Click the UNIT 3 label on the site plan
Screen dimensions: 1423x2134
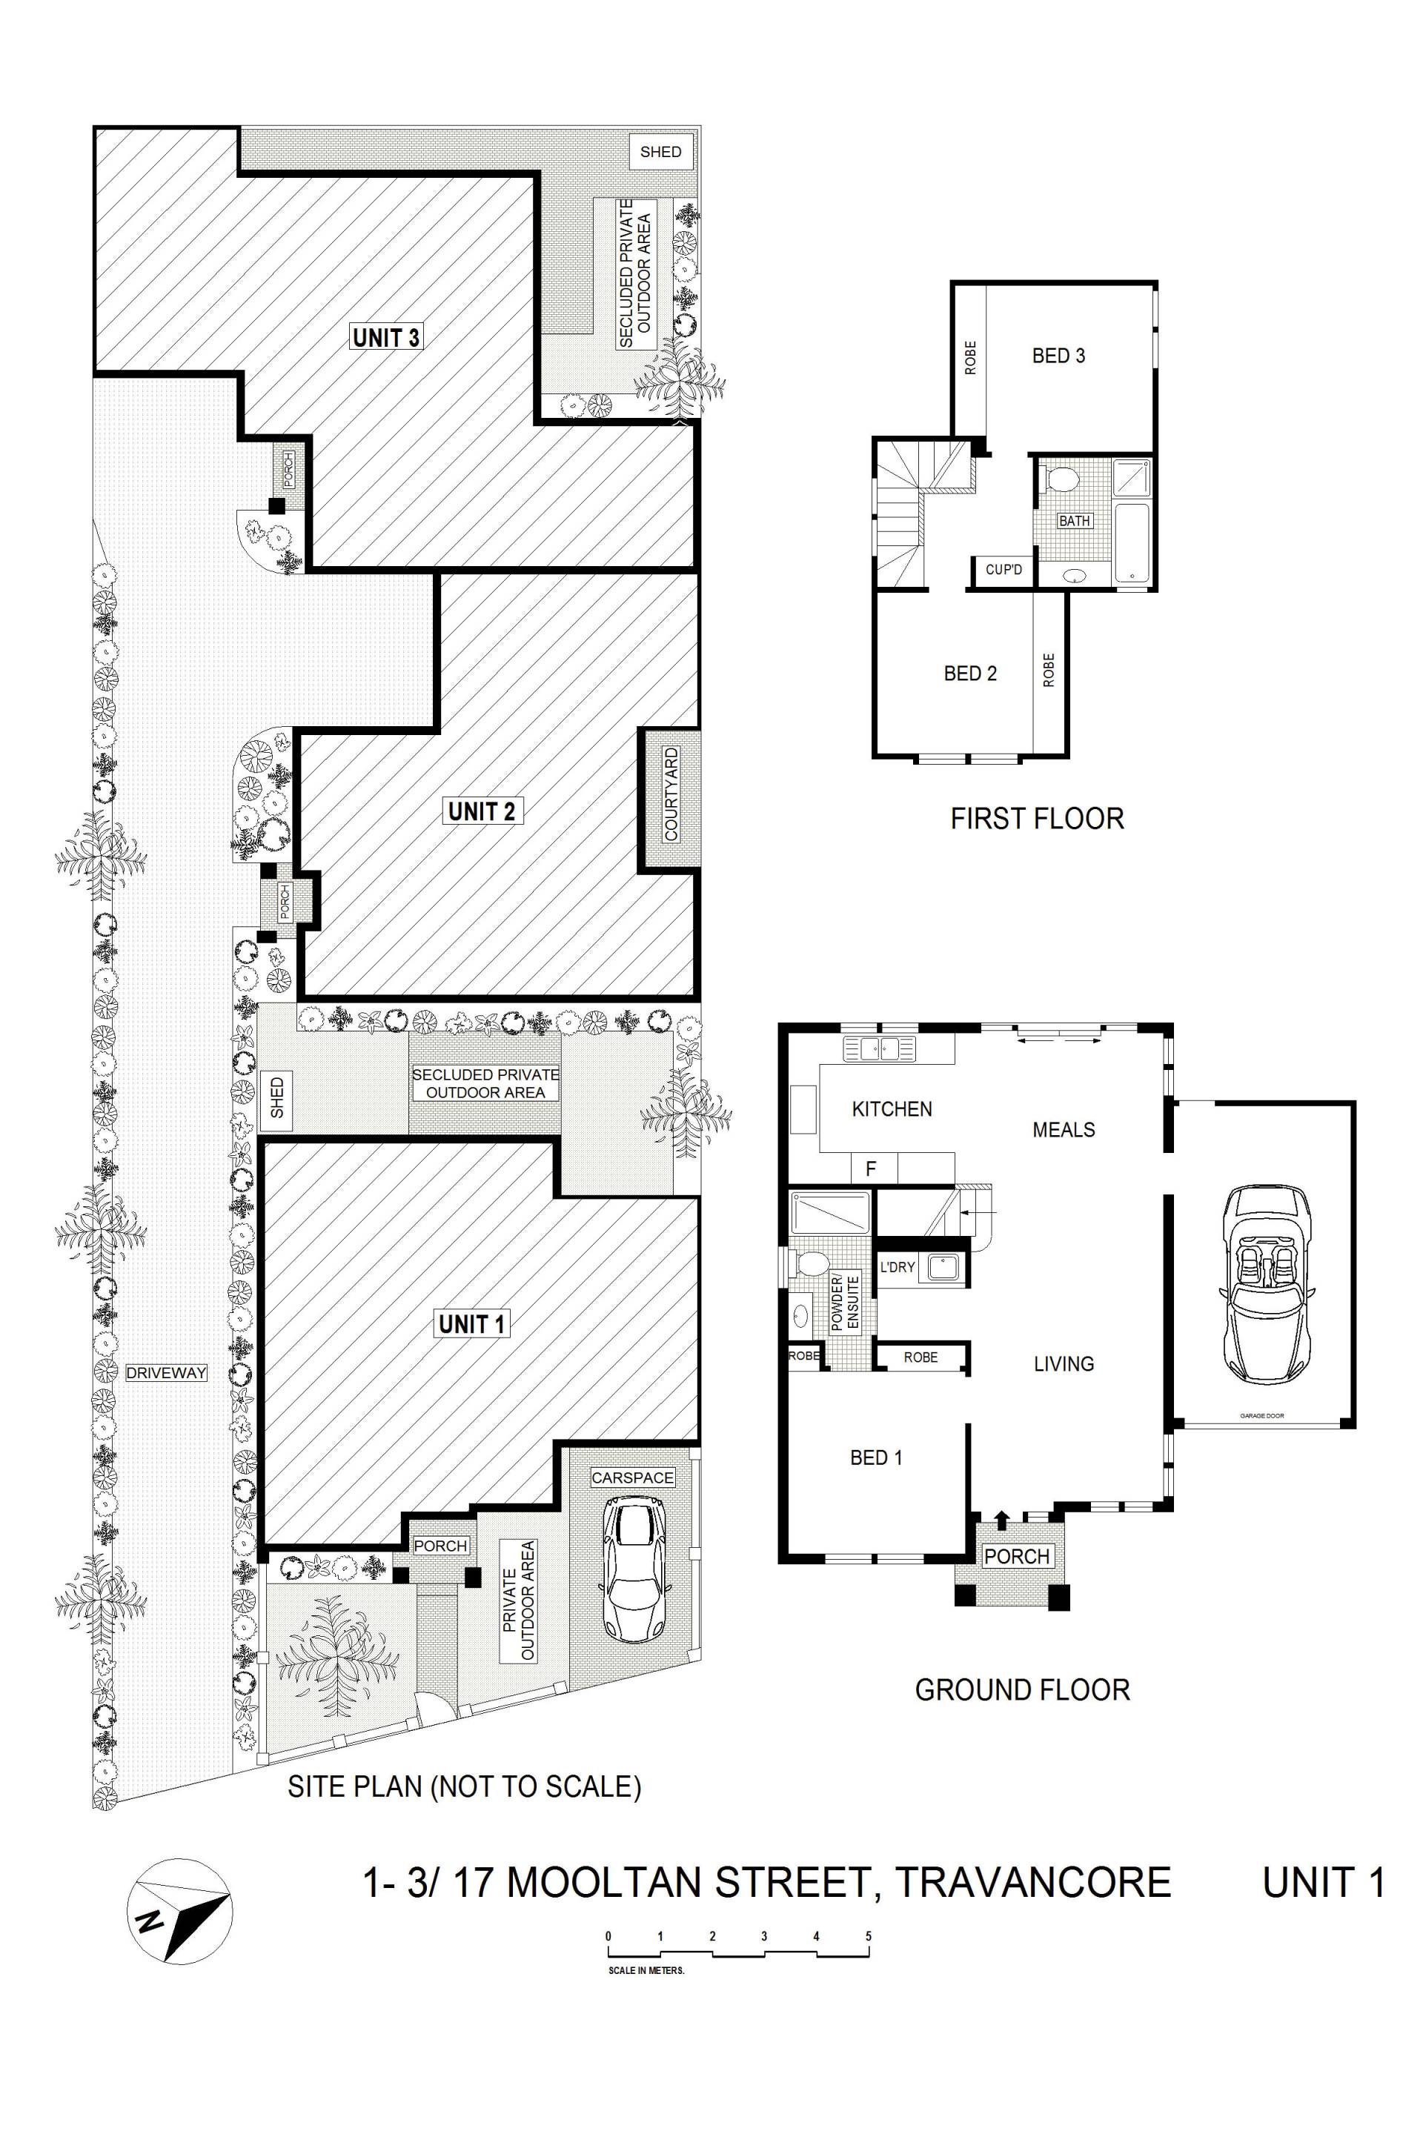[387, 338]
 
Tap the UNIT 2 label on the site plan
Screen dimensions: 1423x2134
[481, 811]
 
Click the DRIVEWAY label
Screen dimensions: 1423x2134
[167, 1373]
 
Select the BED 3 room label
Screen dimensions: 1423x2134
[1058, 356]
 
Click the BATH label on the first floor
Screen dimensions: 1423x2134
[1075, 521]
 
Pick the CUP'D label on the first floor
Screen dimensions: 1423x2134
[1004, 570]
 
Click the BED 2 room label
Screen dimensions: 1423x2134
[970, 674]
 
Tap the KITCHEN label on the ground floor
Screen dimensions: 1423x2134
[892, 1108]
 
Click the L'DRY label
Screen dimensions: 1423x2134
[898, 1266]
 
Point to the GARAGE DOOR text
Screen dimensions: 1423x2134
[1261, 1415]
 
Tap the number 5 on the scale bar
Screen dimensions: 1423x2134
[869, 1935]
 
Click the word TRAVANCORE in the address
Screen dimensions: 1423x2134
[1032, 1882]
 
